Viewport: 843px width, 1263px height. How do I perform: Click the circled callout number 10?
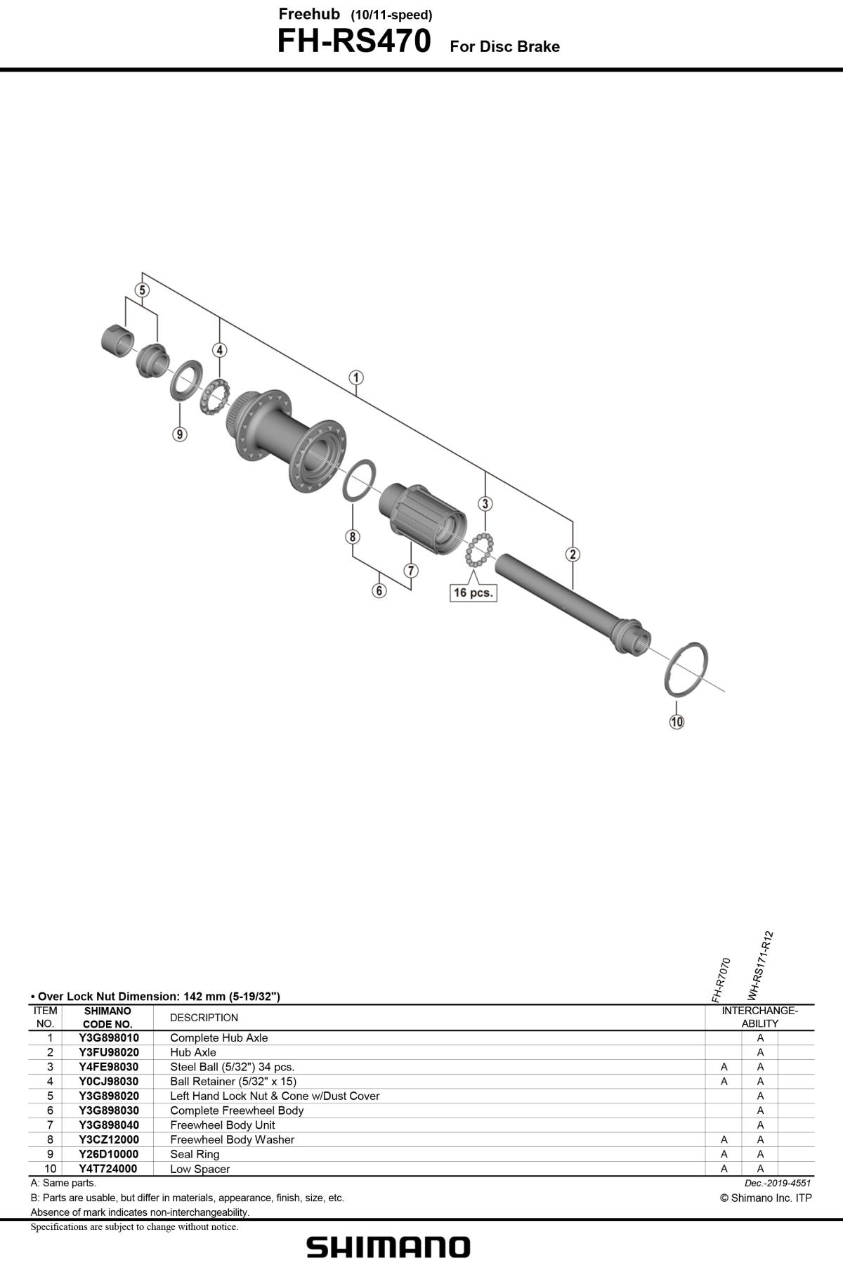pos(676,721)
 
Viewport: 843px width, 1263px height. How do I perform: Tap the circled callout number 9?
pos(180,434)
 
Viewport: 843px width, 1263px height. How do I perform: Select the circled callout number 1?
pos(356,378)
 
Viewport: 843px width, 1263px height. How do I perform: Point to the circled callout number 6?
pos(379,590)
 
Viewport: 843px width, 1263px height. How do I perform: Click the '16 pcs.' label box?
pos(473,592)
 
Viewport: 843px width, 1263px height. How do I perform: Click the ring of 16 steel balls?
pos(480,549)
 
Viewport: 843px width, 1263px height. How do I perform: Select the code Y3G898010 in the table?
pos(109,1037)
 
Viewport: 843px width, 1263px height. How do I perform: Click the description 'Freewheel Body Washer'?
pos(232,1139)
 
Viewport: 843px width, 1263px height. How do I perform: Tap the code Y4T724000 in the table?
pos(108,1169)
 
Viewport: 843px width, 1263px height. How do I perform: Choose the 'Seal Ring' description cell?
pos(195,1154)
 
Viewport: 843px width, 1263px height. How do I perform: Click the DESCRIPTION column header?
pos(204,1018)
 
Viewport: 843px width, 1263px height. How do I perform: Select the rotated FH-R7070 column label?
pos(721,980)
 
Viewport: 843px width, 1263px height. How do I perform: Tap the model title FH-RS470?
pos(354,41)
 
